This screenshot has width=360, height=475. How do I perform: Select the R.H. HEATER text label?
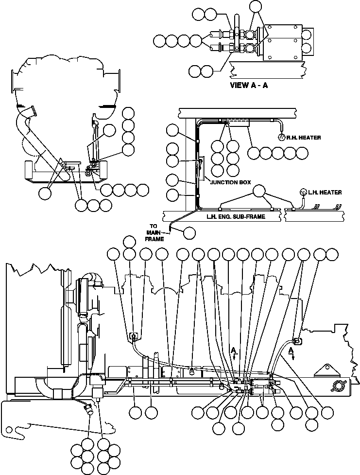[304, 138]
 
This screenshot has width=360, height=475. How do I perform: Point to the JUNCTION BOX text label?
[230, 182]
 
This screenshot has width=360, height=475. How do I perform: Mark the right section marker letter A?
[291, 350]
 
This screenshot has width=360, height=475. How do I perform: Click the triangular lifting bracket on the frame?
[324, 370]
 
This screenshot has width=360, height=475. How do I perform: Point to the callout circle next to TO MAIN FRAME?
[189, 233]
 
